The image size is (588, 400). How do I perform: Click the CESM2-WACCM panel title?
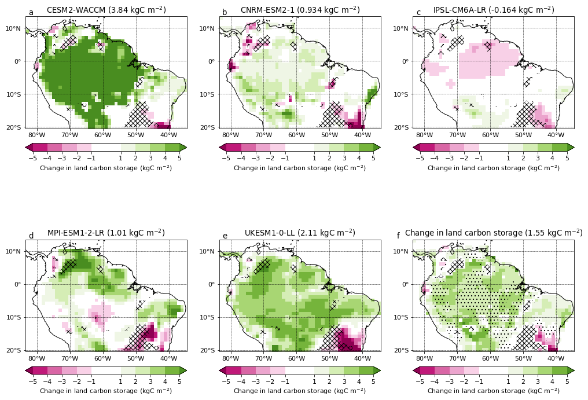(106, 10)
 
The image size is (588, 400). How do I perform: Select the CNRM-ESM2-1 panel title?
(300, 10)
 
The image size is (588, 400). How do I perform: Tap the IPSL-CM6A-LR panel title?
(494, 10)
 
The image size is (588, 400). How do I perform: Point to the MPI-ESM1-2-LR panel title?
(106, 233)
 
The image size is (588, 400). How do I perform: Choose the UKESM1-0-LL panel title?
(300, 233)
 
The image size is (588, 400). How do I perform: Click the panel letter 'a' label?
(31, 13)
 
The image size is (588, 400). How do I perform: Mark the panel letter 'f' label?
(398, 236)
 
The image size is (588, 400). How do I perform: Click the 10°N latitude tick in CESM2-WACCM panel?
(15, 28)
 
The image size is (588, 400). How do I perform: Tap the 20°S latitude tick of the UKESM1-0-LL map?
(209, 350)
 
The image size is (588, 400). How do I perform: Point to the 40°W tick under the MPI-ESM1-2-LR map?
(169, 358)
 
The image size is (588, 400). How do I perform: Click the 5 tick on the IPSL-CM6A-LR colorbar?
(567, 157)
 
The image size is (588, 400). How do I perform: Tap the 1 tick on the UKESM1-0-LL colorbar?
(314, 381)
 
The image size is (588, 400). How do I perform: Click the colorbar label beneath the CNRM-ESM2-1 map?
(300, 168)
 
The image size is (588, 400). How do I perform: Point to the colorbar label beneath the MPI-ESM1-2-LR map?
(106, 391)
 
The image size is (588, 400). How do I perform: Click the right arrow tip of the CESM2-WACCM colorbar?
(186, 147)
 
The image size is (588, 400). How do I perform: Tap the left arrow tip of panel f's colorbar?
(414, 370)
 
